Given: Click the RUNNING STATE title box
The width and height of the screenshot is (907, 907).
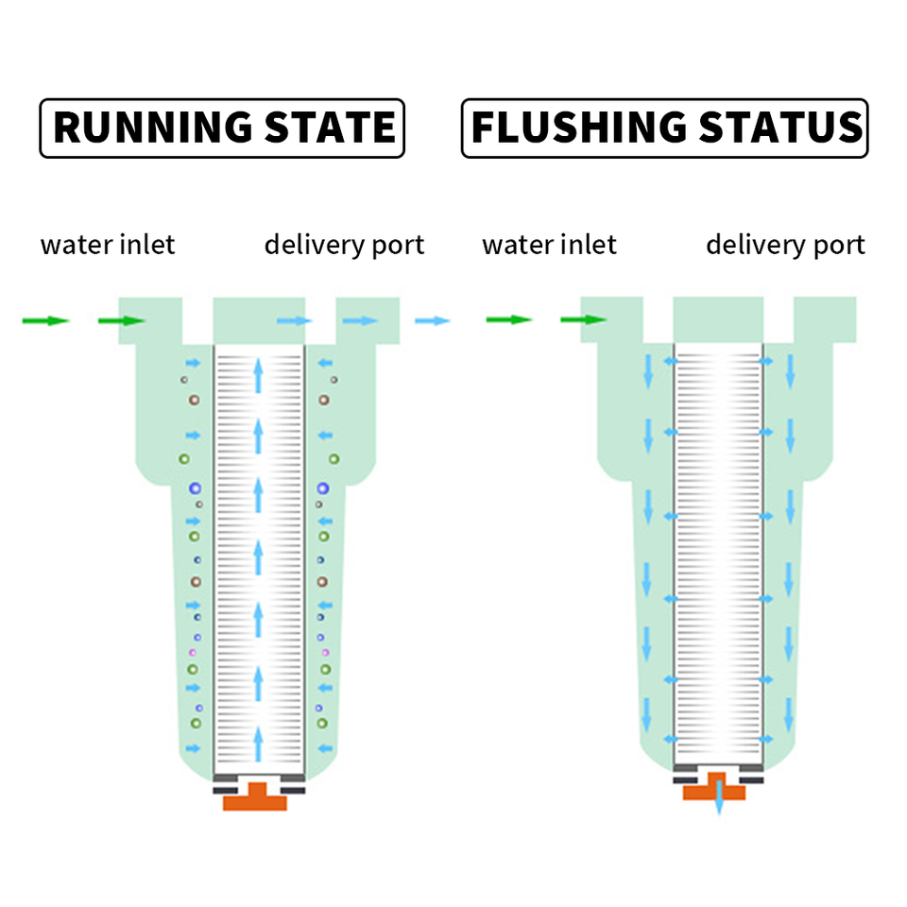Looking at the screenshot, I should point(222,128).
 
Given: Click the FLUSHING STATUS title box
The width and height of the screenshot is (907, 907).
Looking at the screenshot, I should point(664,128).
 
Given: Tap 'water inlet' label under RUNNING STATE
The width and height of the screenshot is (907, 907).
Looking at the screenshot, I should point(108,245).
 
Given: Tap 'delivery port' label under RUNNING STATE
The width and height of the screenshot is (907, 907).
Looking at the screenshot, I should point(344,245).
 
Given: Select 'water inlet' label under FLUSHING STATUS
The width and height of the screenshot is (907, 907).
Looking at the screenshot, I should point(549,245).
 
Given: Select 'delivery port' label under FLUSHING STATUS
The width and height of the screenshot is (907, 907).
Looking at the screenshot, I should point(785,245).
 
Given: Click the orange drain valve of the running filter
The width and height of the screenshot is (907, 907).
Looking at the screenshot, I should point(255,796).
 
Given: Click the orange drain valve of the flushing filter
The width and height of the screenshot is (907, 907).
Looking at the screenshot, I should point(715,788).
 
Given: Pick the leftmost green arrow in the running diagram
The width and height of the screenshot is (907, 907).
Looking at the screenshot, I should point(45,321).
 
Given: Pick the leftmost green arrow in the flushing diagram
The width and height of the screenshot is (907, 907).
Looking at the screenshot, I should point(508,320).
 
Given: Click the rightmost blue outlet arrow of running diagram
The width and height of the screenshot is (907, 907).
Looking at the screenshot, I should point(433,321).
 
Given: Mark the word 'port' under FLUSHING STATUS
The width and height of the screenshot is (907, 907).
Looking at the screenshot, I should point(838,246).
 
